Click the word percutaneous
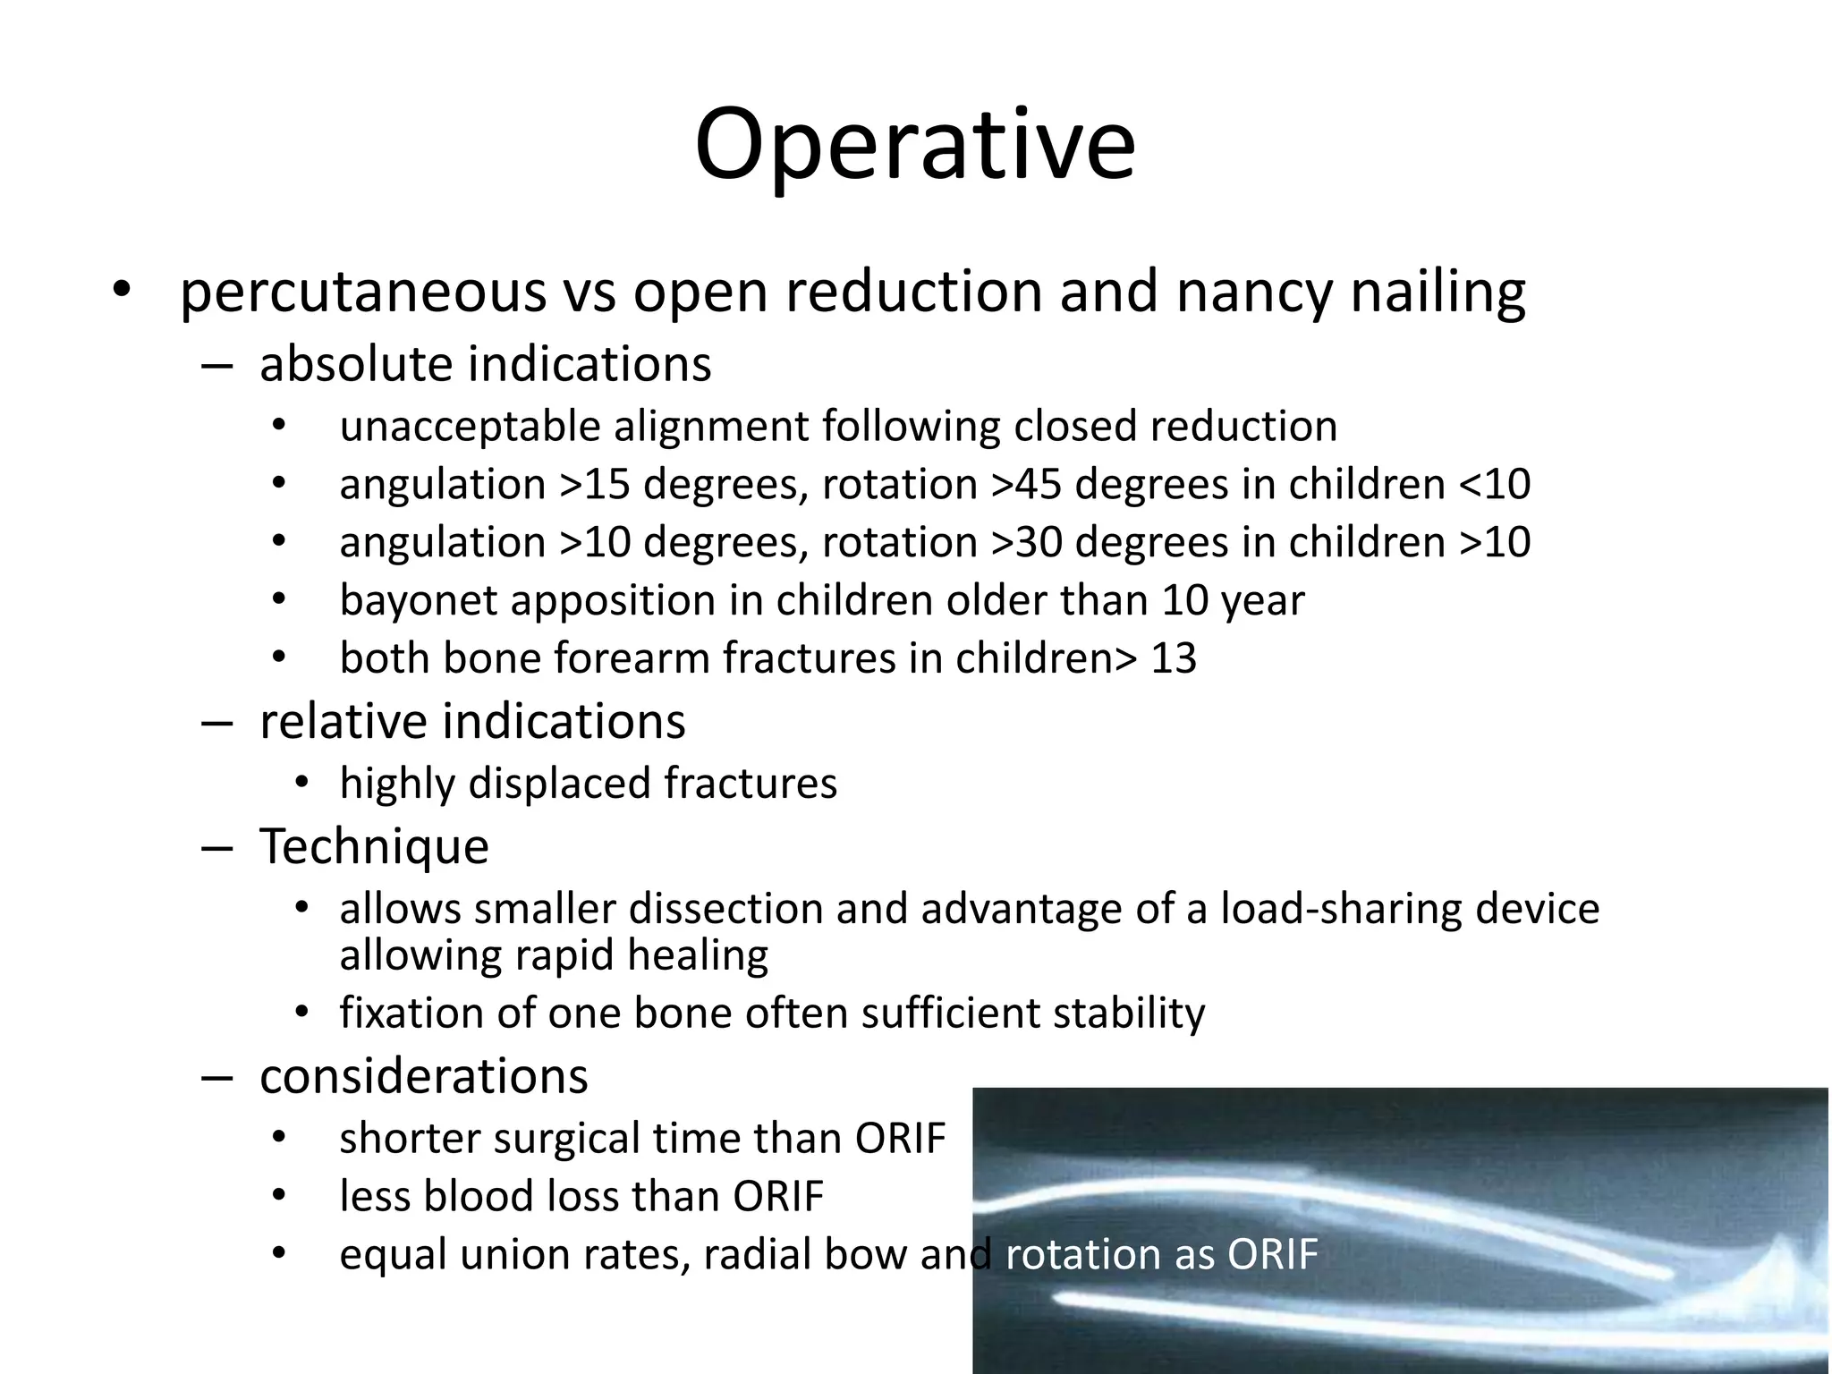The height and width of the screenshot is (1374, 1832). [362, 293]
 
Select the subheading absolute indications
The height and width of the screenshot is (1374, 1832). [485, 365]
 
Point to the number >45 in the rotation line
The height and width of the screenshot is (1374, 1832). [1029, 485]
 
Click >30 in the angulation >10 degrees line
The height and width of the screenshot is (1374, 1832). [1029, 543]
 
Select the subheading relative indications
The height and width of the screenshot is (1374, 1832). [471, 721]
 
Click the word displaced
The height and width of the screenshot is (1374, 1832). [558, 784]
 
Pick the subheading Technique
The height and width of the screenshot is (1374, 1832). [374, 846]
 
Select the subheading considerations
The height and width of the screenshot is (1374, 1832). [423, 1076]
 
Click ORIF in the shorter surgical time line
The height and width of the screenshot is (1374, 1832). [899, 1139]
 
